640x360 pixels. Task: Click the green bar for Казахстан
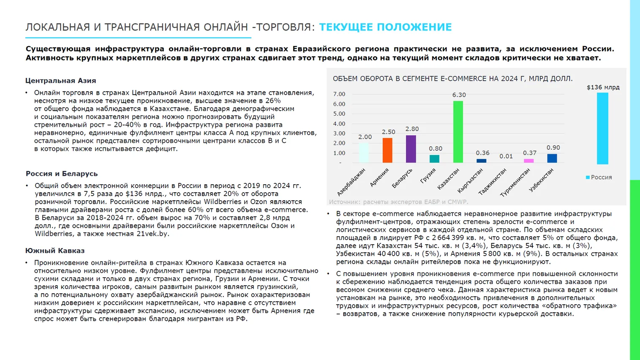point(458,132)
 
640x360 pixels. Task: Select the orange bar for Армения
point(387,150)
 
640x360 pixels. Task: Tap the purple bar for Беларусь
point(411,149)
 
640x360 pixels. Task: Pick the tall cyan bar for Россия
point(602,128)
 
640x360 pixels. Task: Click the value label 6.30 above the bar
point(459,95)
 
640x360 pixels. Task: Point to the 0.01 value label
point(506,156)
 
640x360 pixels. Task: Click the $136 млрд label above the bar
point(603,87)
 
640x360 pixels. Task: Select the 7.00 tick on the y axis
point(339,94)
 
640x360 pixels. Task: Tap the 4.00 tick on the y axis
point(339,124)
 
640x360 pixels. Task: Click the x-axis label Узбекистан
point(542,180)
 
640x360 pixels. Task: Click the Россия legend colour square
point(588,177)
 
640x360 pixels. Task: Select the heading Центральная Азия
point(60,81)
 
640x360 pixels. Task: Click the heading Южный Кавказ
point(55,251)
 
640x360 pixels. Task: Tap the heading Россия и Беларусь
point(62,174)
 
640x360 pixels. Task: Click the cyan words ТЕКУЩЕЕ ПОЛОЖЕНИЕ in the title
point(385,27)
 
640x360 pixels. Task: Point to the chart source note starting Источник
point(398,202)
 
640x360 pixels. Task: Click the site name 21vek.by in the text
point(153,234)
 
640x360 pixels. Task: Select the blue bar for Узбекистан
point(552,158)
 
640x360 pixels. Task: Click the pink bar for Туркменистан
point(528,161)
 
